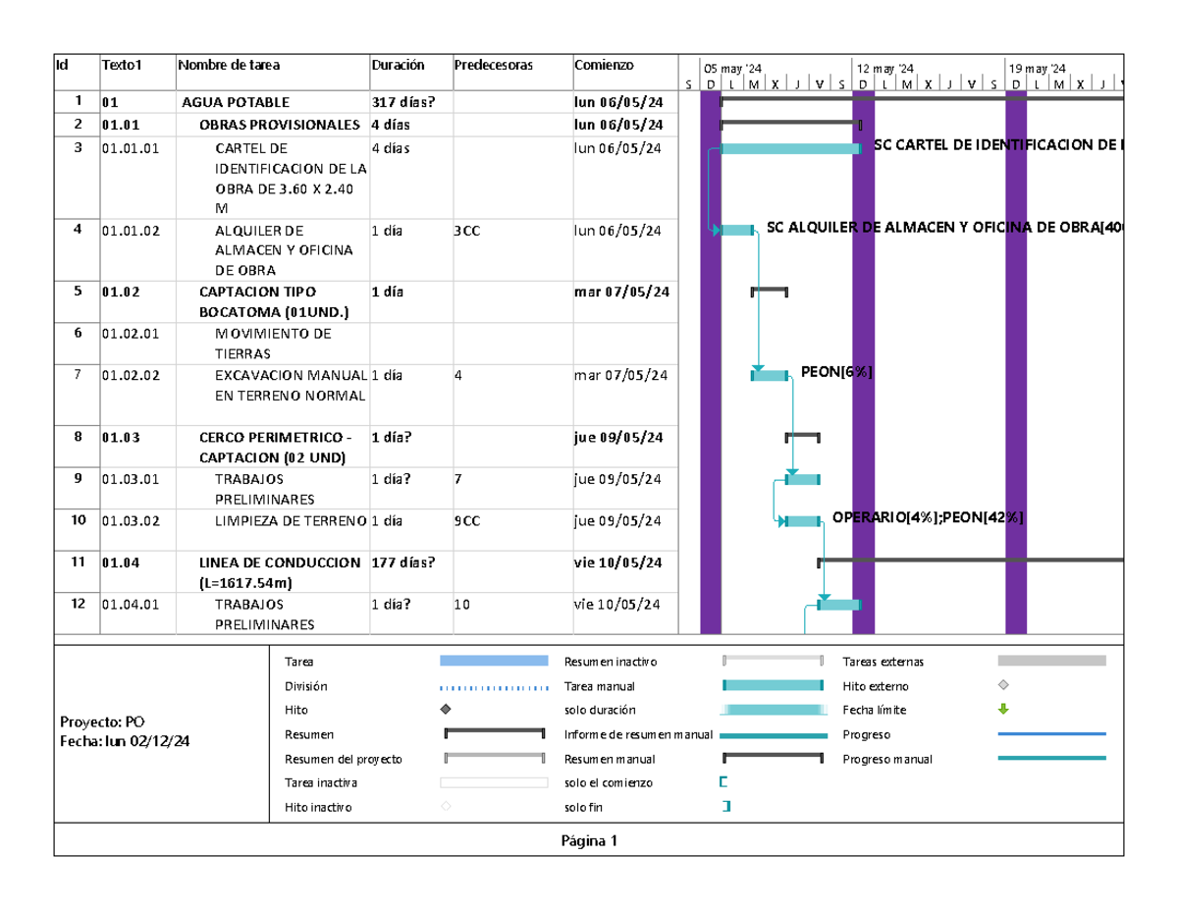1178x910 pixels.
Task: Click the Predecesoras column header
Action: click(493, 65)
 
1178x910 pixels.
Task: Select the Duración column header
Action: click(398, 65)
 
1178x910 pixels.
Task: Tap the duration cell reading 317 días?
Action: click(402, 102)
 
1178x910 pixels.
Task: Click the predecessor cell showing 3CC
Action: click(466, 231)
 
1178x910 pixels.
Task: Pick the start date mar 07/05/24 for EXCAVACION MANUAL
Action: click(620, 375)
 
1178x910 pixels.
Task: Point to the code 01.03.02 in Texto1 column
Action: click(131, 521)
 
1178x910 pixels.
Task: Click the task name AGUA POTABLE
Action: click(236, 102)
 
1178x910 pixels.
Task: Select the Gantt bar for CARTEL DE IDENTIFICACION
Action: click(790, 148)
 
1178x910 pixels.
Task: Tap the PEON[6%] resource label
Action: click(836, 372)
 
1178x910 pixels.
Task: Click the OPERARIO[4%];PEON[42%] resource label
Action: click(927, 517)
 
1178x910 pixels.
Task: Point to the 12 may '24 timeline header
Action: click(884, 69)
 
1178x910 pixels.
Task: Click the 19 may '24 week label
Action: click(1037, 69)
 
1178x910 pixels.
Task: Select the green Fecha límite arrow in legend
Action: click(1003, 709)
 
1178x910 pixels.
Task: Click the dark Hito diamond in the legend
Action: click(446, 709)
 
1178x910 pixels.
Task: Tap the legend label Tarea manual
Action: click(599, 686)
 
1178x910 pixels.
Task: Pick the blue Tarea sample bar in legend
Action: click(494, 661)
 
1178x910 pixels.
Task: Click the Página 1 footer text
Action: click(589, 840)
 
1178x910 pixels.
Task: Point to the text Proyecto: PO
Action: click(102, 722)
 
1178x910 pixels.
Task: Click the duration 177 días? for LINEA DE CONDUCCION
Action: click(402, 562)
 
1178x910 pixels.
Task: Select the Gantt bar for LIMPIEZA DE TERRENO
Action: click(802, 521)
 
